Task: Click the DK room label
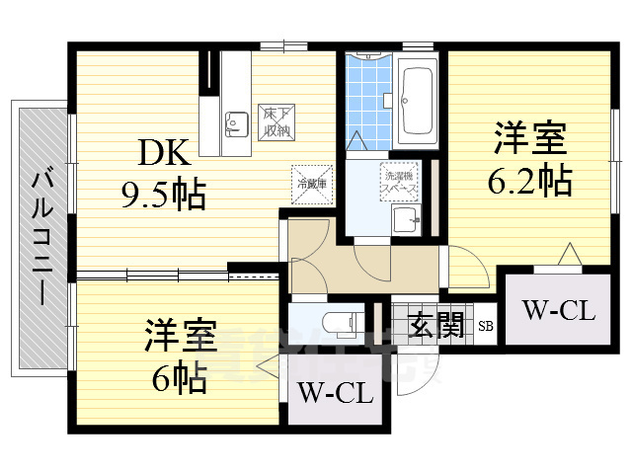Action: coord(163,152)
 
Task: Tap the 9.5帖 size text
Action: coord(164,195)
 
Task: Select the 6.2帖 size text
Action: coord(529,180)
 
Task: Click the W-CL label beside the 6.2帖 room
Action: coord(557,313)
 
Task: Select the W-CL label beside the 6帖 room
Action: coord(336,396)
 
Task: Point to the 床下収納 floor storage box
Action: coord(276,120)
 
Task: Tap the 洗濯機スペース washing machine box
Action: coord(400,179)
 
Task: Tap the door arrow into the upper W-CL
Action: coord(567,256)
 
